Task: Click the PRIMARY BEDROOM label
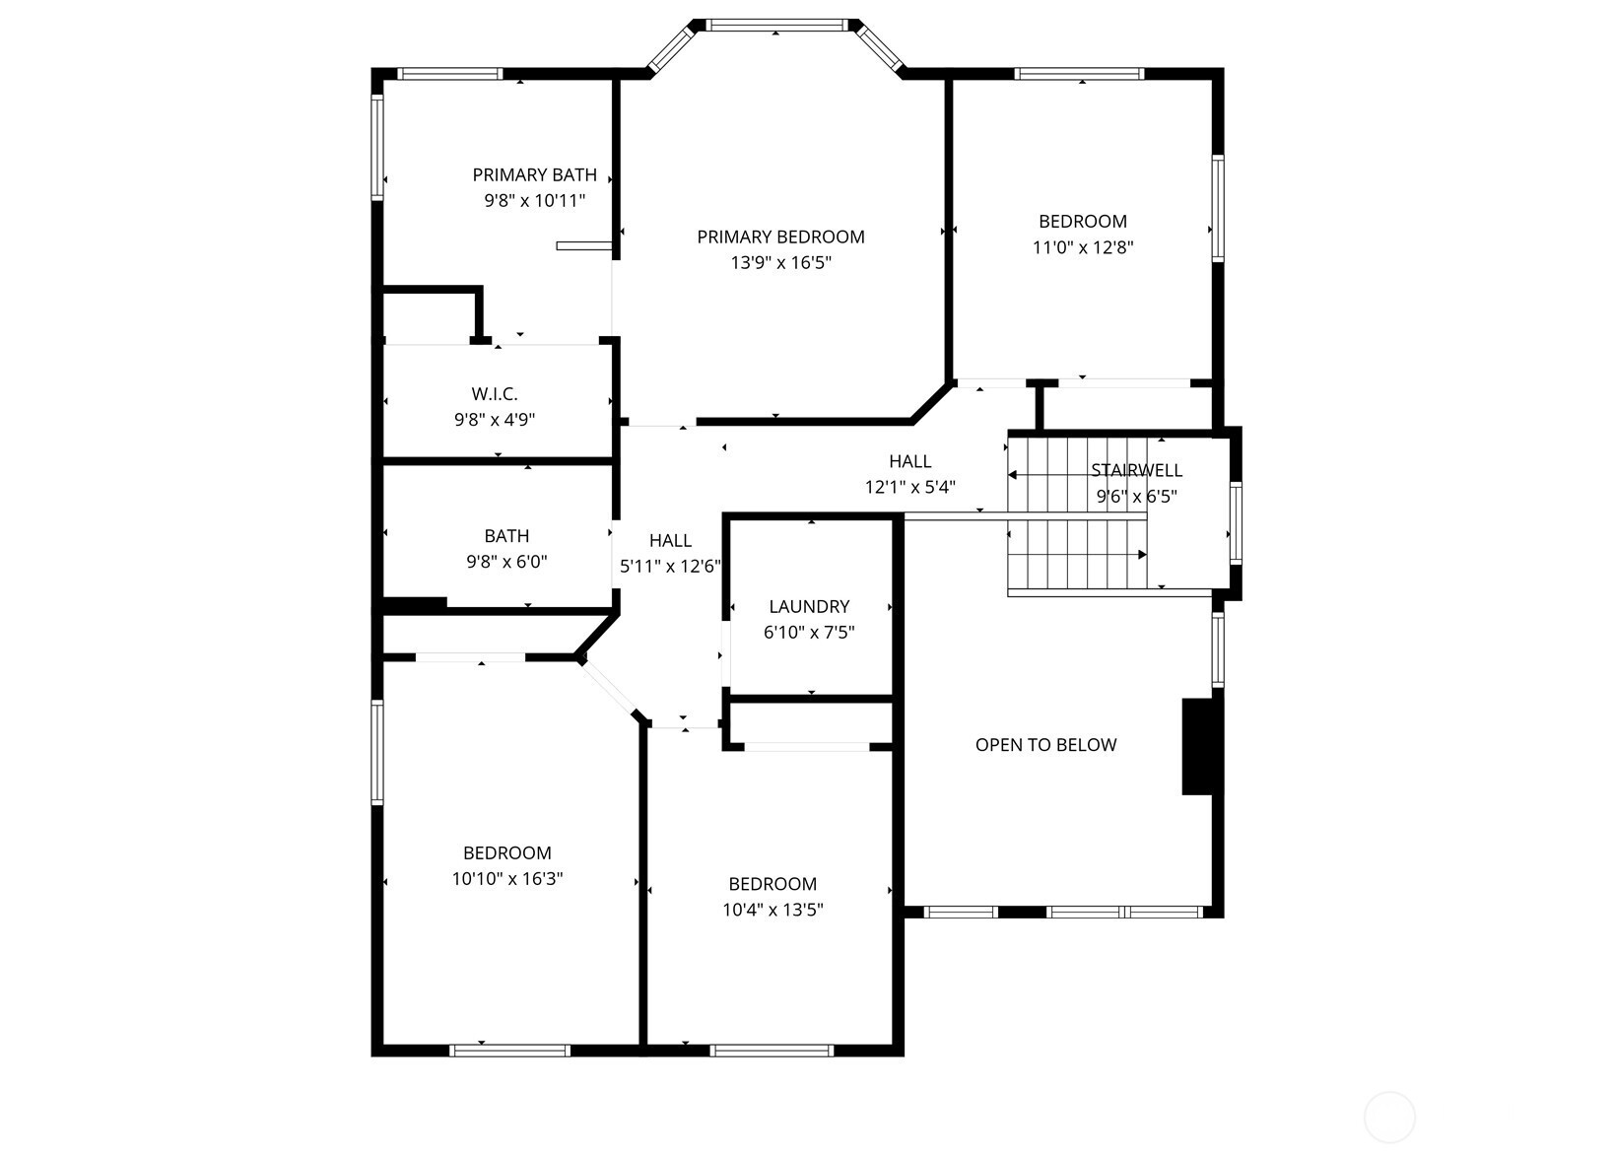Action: click(x=780, y=237)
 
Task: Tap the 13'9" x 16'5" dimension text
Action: click(x=780, y=263)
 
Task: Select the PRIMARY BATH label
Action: click(x=535, y=174)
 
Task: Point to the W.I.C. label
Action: click(x=495, y=394)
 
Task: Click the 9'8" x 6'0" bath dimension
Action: click(x=506, y=562)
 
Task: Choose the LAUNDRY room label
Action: click(x=809, y=607)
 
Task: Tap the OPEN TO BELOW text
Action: click(x=1045, y=745)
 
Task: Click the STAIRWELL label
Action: click(x=1136, y=471)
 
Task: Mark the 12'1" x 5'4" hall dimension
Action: click(x=909, y=487)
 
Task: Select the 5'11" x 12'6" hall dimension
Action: click(x=670, y=567)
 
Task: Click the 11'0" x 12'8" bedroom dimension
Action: click(x=1082, y=247)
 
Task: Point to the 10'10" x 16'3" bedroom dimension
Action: click(x=506, y=879)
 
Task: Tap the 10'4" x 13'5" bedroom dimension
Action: click(x=772, y=910)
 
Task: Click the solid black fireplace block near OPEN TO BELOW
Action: click(x=1197, y=746)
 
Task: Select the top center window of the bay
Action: click(x=775, y=26)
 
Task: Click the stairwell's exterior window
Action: click(x=1236, y=522)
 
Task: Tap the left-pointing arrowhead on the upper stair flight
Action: click(x=1012, y=475)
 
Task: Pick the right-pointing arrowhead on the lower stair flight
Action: click(x=1142, y=555)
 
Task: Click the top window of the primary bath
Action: click(x=449, y=73)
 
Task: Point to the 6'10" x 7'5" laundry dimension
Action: click(x=809, y=633)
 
